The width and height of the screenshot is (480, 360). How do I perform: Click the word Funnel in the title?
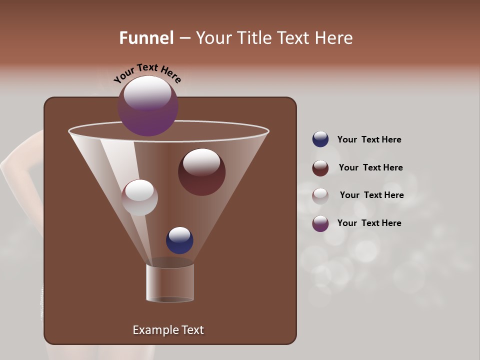point(146,38)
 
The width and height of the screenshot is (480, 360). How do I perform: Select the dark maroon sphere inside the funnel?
point(201,172)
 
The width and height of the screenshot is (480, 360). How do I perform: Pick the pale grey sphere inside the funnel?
point(139,197)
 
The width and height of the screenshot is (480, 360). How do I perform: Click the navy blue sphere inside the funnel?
point(179,240)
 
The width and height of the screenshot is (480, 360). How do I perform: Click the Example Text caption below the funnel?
point(168,330)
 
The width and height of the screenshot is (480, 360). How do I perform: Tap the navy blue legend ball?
point(320,139)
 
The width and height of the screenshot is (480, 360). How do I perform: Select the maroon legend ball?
point(320,168)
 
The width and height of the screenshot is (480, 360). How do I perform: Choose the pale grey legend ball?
point(320,196)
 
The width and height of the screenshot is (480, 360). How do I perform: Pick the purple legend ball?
point(320,223)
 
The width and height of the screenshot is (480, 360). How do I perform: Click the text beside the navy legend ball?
point(369,140)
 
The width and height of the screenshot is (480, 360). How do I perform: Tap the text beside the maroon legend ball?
point(370,168)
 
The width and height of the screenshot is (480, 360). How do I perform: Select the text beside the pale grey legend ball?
point(371,195)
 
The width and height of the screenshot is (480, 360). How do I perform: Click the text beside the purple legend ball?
point(369,223)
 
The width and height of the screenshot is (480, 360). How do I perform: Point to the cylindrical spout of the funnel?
point(170,283)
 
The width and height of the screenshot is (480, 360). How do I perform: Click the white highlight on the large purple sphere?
point(147,93)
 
